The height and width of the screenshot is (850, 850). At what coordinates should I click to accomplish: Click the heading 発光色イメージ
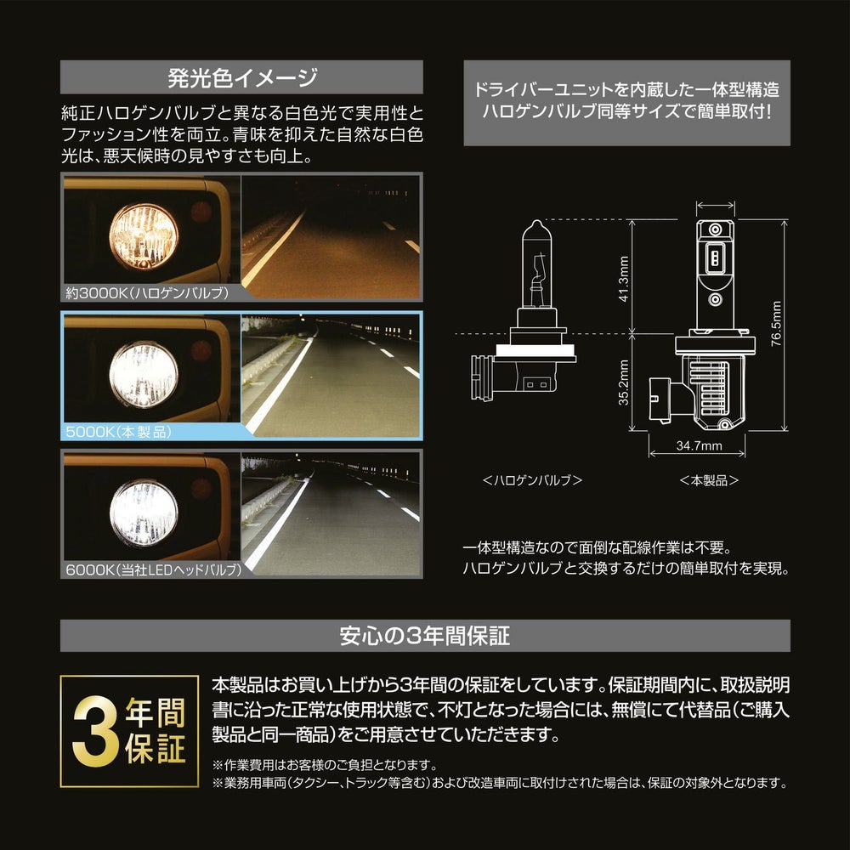pyautogui.click(x=241, y=77)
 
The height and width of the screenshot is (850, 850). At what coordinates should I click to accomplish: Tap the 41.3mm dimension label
pyautogui.click(x=624, y=279)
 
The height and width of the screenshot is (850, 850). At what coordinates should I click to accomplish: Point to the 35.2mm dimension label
pyautogui.click(x=624, y=382)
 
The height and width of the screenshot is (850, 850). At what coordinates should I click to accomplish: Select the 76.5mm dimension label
pyautogui.click(x=776, y=324)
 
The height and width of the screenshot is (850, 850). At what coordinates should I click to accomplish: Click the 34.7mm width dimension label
pyautogui.click(x=699, y=445)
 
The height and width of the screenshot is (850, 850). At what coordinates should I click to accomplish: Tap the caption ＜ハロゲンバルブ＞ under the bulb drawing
pyautogui.click(x=532, y=480)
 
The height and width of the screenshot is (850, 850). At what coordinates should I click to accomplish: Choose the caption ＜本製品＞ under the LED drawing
pyautogui.click(x=709, y=480)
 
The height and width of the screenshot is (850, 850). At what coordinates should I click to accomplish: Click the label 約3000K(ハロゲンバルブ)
pyautogui.click(x=147, y=293)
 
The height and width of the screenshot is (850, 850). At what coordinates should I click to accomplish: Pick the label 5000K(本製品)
pyautogui.click(x=119, y=432)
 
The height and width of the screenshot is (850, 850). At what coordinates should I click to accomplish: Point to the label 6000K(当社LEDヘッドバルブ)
pyautogui.click(x=153, y=570)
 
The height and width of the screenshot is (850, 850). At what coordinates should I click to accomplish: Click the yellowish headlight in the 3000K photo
pyautogui.click(x=144, y=237)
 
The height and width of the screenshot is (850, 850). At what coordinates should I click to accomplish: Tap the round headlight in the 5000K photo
pyautogui.click(x=144, y=374)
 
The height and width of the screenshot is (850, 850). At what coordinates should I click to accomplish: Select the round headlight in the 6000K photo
pyautogui.click(x=144, y=513)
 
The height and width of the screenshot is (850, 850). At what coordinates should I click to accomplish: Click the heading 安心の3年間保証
pyautogui.click(x=424, y=636)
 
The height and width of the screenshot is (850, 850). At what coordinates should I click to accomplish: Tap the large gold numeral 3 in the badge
pyautogui.click(x=95, y=732)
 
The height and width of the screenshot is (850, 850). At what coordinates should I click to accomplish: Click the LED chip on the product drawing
pyautogui.click(x=715, y=258)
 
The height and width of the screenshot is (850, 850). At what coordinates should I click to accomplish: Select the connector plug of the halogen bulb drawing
pyautogui.click(x=482, y=378)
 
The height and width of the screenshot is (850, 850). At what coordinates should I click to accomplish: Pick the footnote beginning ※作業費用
pyautogui.click(x=325, y=765)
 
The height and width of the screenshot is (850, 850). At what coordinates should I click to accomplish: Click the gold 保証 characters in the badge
pyautogui.click(x=156, y=749)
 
